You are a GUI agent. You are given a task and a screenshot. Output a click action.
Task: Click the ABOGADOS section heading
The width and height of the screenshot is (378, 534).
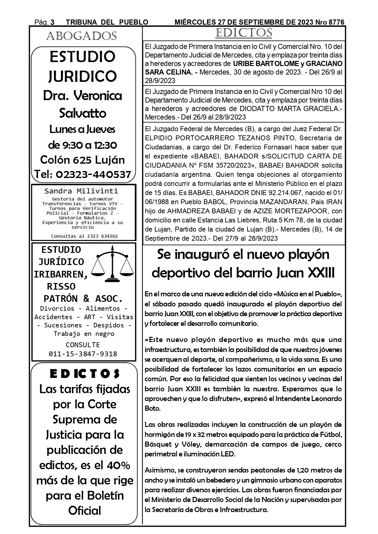click(x=81, y=36)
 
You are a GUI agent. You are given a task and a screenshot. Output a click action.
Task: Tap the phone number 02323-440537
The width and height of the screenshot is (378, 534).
click(x=94, y=174)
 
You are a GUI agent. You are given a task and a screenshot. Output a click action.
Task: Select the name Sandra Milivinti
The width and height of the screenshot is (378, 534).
click(x=81, y=191)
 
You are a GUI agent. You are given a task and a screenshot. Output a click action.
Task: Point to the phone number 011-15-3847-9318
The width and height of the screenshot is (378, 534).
click(x=83, y=354)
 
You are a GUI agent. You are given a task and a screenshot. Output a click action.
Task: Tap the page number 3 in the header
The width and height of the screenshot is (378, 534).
click(x=52, y=22)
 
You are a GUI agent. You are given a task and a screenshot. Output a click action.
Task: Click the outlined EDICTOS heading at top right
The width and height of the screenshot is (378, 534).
click(x=243, y=33)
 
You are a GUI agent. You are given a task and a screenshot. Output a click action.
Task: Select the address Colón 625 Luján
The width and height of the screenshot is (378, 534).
click(x=83, y=160)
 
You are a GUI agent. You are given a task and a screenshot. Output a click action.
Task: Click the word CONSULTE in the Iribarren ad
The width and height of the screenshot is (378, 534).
click(x=83, y=345)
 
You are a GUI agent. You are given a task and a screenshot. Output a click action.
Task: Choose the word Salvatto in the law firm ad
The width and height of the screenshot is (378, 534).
click(x=83, y=113)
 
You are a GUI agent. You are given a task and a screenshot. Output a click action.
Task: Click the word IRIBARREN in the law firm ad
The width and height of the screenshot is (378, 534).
click(x=60, y=274)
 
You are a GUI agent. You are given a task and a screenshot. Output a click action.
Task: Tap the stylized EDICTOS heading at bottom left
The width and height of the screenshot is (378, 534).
click(x=85, y=374)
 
